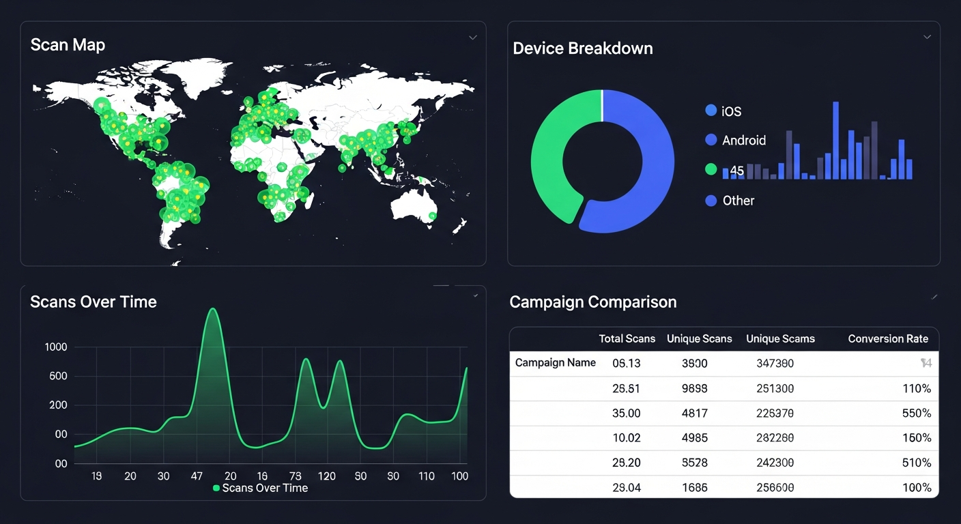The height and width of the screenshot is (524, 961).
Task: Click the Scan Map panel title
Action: coord(68,45)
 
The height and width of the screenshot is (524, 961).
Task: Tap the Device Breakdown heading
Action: coord(582,48)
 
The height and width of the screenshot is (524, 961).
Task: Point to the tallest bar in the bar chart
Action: coord(835,141)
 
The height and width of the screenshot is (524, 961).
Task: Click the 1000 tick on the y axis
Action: coord(56,347)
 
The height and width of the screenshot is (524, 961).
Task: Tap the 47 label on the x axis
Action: coord(197,476)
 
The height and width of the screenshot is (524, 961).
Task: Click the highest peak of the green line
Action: coord(212,309)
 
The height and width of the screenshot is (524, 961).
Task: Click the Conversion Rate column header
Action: coord(887,339)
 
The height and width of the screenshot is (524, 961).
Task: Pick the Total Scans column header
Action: coord(627,339)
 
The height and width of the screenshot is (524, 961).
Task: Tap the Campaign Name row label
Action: coord(555,363)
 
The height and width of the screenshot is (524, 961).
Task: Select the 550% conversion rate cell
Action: coord(916,413)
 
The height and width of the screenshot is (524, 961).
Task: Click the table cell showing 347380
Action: coord(775,364)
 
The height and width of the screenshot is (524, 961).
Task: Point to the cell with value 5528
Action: coord(694,463)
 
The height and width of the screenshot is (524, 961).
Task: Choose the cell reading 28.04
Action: coord(626,488)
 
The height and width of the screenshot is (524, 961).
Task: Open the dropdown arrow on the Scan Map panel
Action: coord(472,38)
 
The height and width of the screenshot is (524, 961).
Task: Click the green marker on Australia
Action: coord(432,216)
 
